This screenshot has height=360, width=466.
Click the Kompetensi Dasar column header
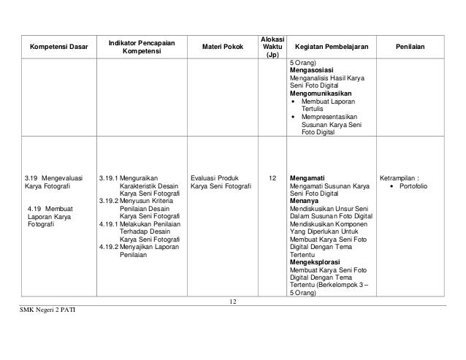[x=58, y=47]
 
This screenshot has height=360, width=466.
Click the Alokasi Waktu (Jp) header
[x=272, y=45]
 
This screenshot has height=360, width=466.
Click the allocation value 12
[x=272, y=177]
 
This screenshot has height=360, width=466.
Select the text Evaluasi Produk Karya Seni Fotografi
[x=221, y=182]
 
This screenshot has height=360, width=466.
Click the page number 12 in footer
[x=233, y=302]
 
